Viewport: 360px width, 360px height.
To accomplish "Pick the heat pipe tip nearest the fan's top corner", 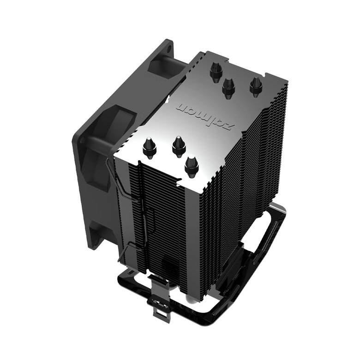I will tap(215, 72).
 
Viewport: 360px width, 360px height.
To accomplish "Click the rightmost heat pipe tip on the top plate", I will tap(256, 86).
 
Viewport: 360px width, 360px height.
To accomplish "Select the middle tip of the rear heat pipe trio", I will tap(228, 87).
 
